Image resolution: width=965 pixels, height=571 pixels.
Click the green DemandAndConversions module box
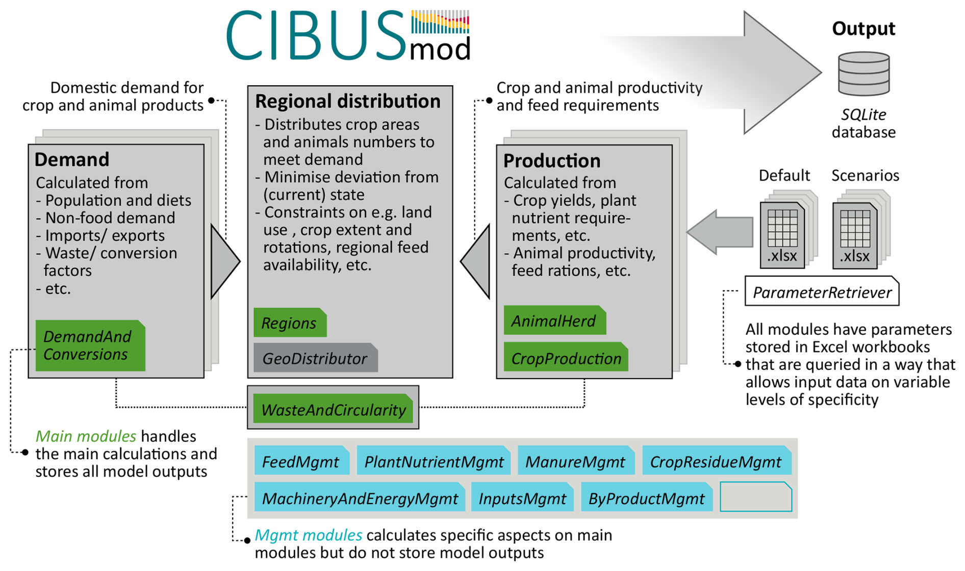[x=90, y=345]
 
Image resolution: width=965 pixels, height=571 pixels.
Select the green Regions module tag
[x=290, y=322]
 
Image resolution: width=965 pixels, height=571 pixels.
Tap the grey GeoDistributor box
[x=315, y=358]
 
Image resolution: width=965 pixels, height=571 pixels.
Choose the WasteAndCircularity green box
[x=333, y=409]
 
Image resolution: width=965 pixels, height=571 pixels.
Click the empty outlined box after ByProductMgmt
[x=755, y=497]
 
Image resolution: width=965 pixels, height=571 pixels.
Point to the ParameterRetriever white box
[x=822, y=291]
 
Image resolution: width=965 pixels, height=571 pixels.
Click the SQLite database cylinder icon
[x=864, y=73]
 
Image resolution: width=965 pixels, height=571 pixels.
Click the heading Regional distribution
[x=348, y=101]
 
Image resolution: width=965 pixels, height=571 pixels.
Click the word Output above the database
[x=863, y=28]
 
